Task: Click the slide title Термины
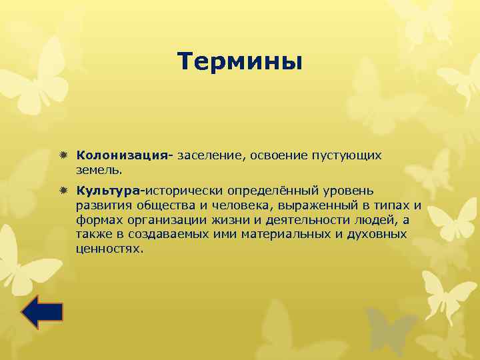(240, 62)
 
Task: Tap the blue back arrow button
(42, 312)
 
